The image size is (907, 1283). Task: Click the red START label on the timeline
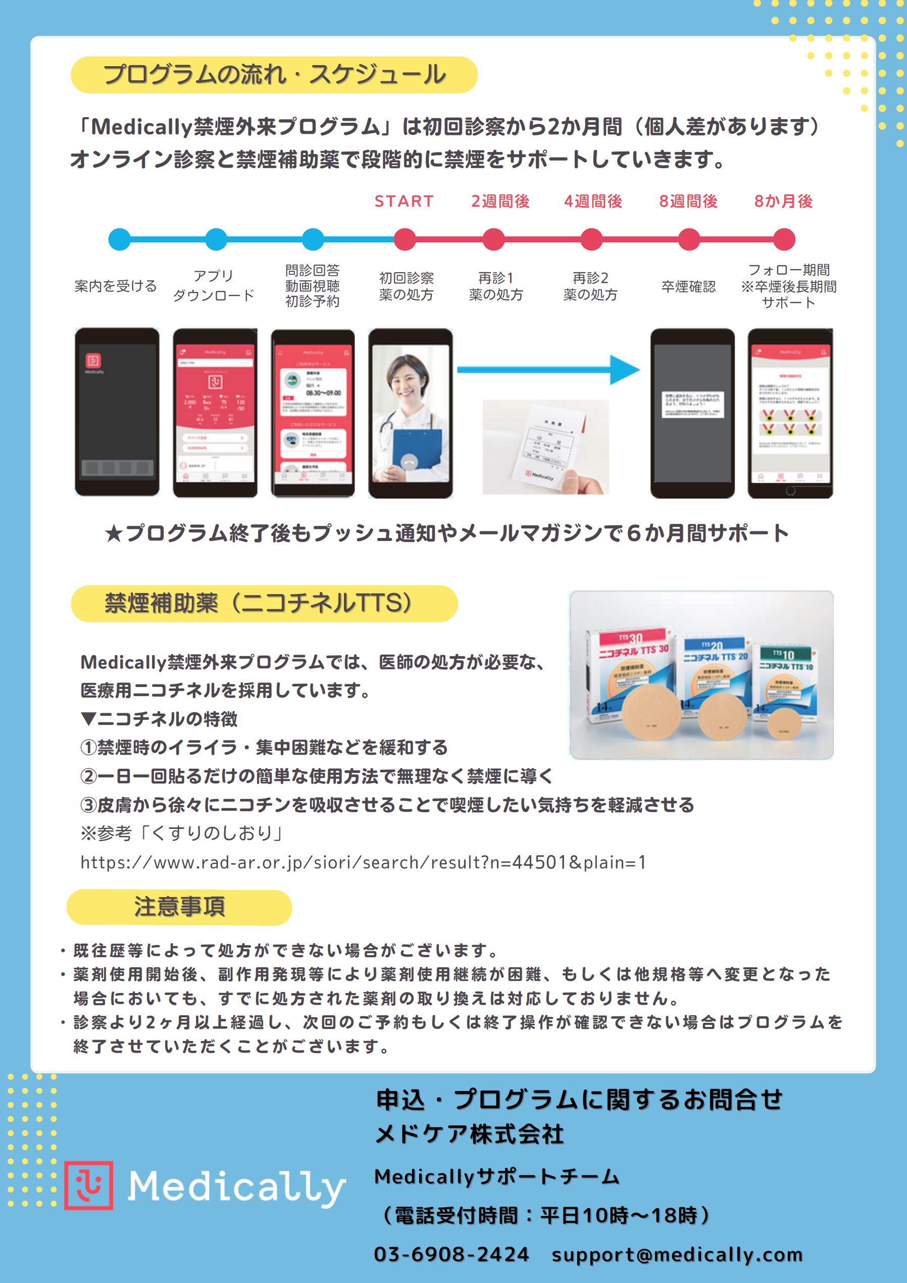(x=404, y=201)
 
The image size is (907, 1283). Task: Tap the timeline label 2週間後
(x=499, y=201)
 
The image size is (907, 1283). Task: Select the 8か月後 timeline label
(x=783, y=201)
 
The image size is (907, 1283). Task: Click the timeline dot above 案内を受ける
(x=119, y=239)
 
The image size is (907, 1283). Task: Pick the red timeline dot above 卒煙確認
(x=688, y=239)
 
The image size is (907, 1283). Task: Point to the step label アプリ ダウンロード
(x=214, y=285)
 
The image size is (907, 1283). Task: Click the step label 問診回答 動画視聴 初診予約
(x=313, y=285)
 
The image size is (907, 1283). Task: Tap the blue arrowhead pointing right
(x=624, y=369)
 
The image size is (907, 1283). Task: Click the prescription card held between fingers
(x=550, y=447)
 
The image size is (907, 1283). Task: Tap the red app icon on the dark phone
(x=93, y=361)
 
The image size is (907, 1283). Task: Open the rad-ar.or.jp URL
(x=363, y=862)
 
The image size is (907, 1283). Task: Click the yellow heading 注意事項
(x=179, y=906)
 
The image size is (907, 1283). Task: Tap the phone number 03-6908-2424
(x=451, y=1254)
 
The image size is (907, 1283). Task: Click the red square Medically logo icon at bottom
(x=89, y=1185)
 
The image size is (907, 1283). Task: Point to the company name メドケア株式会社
(x=470, y=1134)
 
